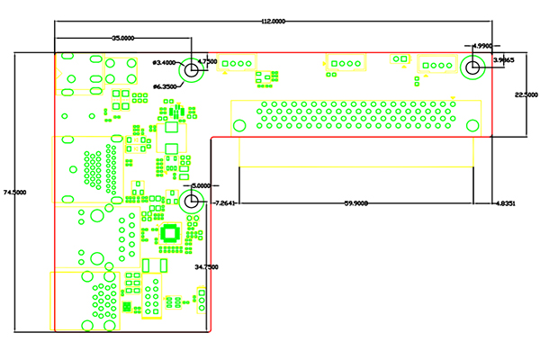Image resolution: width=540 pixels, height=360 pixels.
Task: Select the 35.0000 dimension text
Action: (x=123, y=39)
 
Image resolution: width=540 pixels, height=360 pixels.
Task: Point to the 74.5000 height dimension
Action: (x=14, y=192)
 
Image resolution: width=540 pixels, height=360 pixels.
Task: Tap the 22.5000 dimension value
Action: (x=526, y=94)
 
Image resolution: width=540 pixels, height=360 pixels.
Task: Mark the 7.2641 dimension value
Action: (x=223, y=203)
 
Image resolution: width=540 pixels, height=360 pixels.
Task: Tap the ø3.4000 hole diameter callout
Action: (x=166, y=62)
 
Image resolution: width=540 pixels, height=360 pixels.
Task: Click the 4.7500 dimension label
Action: (x=207, y=61)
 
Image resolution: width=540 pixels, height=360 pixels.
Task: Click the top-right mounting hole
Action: (x=472, y=67)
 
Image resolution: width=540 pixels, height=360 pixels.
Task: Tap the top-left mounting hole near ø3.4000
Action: (x=191, y=69)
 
